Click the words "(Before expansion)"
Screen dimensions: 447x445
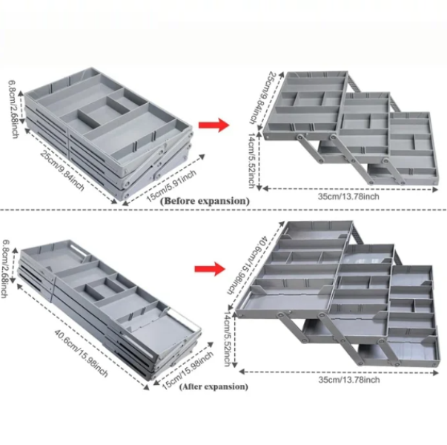point(205,201)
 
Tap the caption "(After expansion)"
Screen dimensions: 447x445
point(213,387)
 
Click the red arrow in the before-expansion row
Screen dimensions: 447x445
point(213,125)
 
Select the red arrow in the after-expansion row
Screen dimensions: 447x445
point(210,268)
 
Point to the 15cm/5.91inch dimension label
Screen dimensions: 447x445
point(171,185)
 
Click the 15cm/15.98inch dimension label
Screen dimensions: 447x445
point(188,371)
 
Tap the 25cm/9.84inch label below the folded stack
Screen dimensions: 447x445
point(62,171)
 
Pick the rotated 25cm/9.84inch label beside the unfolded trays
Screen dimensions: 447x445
point(260,98)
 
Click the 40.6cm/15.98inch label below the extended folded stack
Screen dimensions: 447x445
point(82,353)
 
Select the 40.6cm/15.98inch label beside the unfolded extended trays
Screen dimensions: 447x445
point(248,265)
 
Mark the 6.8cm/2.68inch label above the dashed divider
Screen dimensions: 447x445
point(13,109)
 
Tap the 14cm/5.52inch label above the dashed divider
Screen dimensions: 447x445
point(251,160)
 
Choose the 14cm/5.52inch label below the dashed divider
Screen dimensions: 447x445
point(227,339)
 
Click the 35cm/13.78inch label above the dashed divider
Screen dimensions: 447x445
point(348,197)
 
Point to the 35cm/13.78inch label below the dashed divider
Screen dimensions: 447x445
point(349,380)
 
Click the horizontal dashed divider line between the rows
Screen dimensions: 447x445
point(224,210)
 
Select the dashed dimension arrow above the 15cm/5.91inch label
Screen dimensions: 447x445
point(164,179)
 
